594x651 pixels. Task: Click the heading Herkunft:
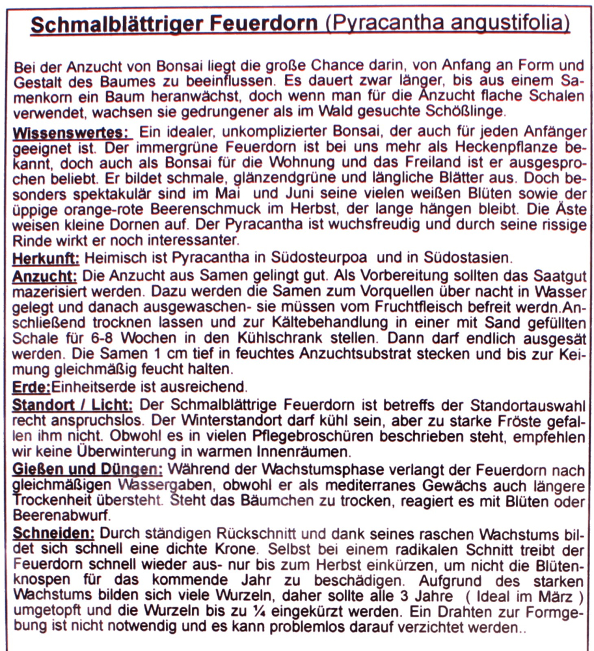[46, 258]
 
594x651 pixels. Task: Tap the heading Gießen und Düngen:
[88, 468]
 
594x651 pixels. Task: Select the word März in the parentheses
[555, 596]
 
